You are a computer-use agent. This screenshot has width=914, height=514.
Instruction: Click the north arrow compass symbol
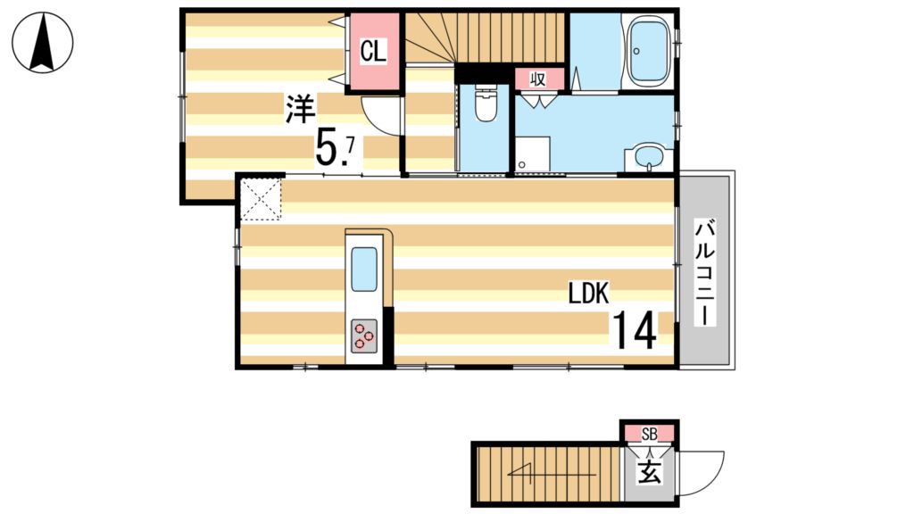(42, 43)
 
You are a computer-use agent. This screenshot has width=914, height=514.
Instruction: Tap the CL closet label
(373, 51)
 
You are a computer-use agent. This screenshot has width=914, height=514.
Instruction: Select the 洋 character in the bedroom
(301, 110)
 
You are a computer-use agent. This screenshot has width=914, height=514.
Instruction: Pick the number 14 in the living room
(634, 331)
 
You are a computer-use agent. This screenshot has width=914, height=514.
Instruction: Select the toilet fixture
(486, 104)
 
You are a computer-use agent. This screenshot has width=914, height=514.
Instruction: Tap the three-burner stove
(364, 336)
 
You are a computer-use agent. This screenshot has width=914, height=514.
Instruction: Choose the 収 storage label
(538, 79)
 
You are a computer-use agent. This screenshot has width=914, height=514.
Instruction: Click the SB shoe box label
(650, 434)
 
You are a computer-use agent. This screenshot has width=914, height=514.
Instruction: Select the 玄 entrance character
(650, 471)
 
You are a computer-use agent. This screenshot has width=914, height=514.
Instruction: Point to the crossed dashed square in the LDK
(261, 199)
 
